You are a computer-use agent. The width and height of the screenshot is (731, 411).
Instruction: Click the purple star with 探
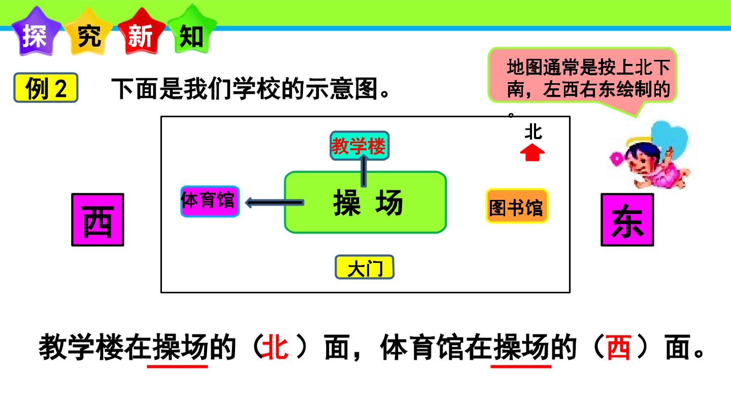point(36,32)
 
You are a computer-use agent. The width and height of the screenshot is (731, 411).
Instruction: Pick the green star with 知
point(192,30)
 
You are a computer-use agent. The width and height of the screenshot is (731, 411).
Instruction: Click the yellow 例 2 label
point(46,88)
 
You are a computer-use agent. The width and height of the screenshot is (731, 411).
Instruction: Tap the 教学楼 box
point(359,146)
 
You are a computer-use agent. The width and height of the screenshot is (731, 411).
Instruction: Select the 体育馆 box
point(210,201)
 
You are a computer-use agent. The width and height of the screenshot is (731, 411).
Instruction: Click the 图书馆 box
point(517,206)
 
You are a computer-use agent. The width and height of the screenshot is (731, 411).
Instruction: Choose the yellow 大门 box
point(364,267)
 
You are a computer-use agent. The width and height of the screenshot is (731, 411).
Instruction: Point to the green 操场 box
point(365,202)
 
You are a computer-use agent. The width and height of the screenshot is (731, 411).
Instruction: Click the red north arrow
point(532,153)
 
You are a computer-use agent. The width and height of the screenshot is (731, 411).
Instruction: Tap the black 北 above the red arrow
point(533,132)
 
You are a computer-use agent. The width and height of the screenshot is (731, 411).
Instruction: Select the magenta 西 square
point(97,220)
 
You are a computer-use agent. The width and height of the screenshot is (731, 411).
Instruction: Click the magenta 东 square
point(627,220)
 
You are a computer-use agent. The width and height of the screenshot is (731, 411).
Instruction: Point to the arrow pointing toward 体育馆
point(275,202)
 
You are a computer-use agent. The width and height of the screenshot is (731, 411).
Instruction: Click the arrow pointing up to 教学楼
point(363,171)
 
